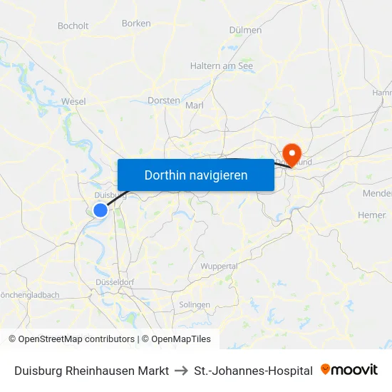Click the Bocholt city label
[x=73, y=26]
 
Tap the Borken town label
[x=136, y=23]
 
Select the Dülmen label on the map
[x=245, y=30]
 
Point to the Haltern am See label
[x=222, y=66]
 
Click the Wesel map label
[x=73, y=101]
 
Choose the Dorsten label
[x=163, y=100]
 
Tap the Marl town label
[x=195, y=105]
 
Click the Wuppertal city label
[x=219, y=266]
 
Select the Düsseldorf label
[x=115, y=282]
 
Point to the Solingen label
[x=195, y=304]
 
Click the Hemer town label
[x=371, y=215]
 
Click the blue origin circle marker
[x=100, y=210]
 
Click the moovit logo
[x=349, y=370]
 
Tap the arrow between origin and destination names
[x=181, y=371]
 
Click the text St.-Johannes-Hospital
[x=253, y=371]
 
